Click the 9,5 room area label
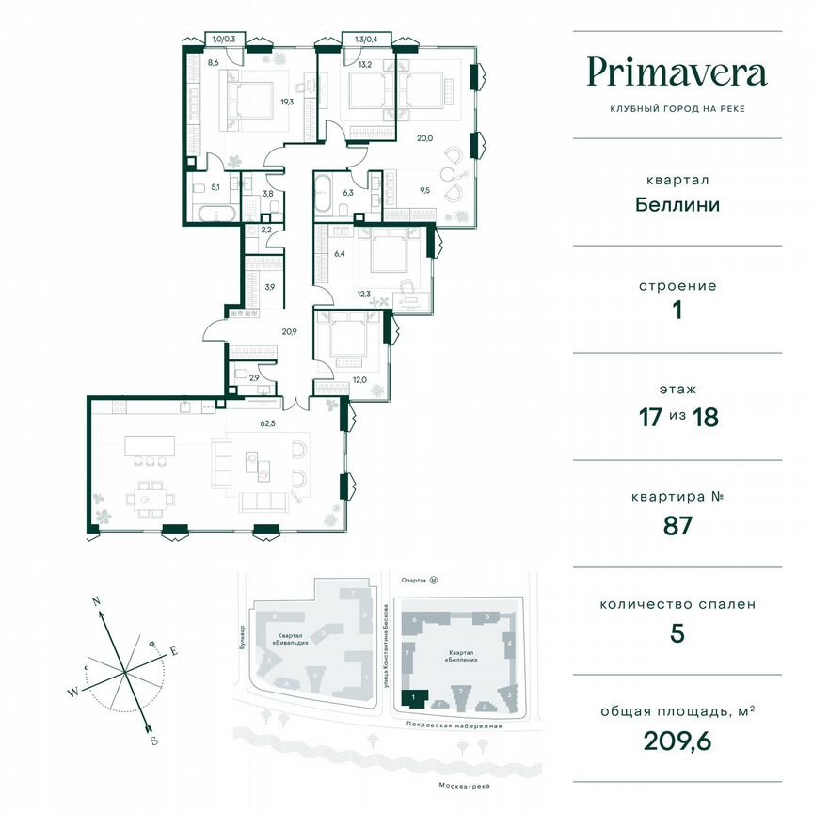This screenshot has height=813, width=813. point(424,189)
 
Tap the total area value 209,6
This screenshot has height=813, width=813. point(677,740)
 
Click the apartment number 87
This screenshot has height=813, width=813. point(677,525)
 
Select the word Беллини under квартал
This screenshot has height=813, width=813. point(677,204)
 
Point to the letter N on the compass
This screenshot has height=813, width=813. point(96,600)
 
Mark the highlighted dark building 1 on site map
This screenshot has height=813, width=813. point(413,697)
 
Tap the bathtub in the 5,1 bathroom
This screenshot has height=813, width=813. point(215,214)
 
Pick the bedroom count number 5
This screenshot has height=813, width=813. point(677,632)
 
